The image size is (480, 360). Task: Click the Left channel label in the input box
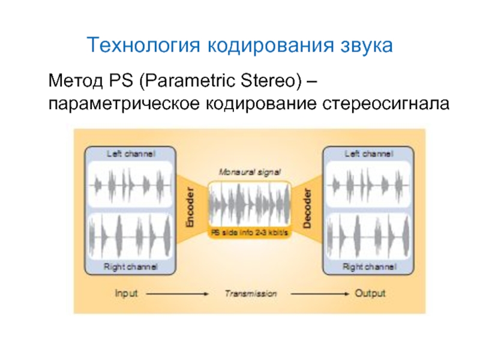coord(131,154)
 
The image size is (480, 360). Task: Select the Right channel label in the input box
coord(131,266)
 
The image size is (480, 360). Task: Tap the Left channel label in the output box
coord(368,154)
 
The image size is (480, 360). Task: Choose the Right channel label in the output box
coord(368,266)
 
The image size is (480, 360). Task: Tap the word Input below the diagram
coord(126,294)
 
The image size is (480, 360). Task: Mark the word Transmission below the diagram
coord(251,294)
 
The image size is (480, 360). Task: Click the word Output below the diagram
coord(370,294)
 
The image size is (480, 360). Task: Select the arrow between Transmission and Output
coord(318,294)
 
